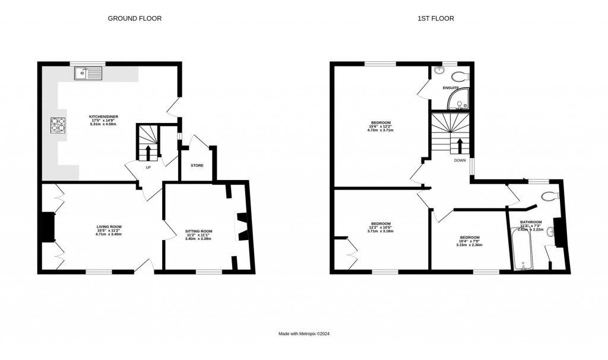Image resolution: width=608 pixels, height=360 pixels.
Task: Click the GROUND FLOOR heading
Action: (x=134, y=18)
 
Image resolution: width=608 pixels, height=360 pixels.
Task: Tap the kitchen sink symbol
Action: (x=88, y=74)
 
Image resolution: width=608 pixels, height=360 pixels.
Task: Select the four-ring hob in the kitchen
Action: (x=58, y=125)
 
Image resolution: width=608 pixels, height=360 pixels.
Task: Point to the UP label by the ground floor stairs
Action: (x=148, y=167)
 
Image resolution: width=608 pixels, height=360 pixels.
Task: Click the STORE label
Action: (x=197, y=165)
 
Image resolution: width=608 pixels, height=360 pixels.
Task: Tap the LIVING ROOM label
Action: (x=109, y=226)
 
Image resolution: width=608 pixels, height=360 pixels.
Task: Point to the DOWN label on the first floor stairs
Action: (x=460, y=160)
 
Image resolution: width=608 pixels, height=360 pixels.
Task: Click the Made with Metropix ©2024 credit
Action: (x=304, y=334)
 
